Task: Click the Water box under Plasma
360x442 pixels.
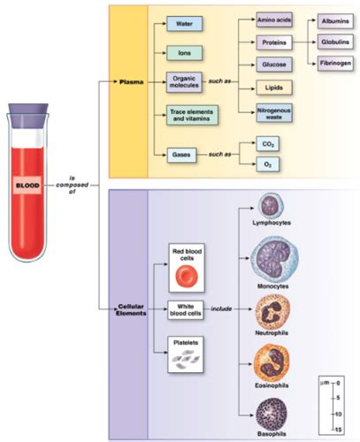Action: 184,24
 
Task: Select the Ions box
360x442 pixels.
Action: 184,53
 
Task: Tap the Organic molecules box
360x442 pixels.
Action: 184,82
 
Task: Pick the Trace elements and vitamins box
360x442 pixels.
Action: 192,115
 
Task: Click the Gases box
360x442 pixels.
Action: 181,155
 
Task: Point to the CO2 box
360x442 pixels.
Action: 268,144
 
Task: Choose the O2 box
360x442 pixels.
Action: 268,164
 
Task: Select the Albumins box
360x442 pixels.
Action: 335,21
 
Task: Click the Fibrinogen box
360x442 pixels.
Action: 335,64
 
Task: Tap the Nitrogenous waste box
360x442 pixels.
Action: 274,113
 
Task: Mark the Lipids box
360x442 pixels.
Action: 274,88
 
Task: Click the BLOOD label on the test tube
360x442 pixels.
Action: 27,186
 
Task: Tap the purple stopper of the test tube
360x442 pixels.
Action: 28,115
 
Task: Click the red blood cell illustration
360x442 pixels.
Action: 187,276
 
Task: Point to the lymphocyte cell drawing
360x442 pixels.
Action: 271,205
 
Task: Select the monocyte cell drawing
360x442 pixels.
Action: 274,260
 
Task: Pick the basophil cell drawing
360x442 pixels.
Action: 272,415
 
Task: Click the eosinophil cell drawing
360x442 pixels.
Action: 272,363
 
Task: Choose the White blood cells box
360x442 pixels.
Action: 186,310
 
